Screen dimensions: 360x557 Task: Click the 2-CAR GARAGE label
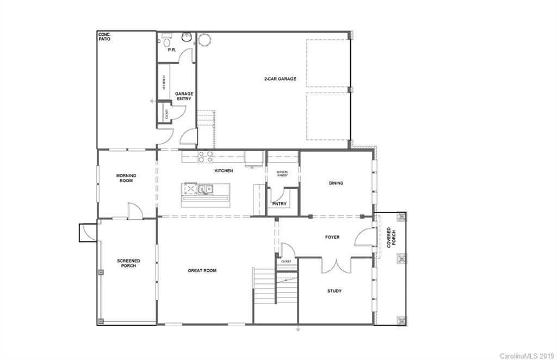[x=280, y=79]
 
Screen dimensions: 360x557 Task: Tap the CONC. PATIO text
[x=104, y=37]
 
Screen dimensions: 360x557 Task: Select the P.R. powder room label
[x=172, y=50]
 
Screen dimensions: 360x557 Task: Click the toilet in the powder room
[x=166, y=40]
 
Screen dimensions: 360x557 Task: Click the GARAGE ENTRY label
[x=184, y=96]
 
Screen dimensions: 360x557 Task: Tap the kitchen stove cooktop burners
[x=206, y=157]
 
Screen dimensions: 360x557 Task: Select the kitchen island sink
[x=205, y=189]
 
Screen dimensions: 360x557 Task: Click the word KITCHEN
[x=224, y=171]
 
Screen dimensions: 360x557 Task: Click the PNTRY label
[x=279, y=204]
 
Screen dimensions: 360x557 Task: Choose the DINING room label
[x=336, y=183]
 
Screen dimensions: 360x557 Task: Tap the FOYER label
[x=332, y=237]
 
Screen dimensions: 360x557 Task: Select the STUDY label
[x=335, y=291]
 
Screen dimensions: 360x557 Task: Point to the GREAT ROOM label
[x=202, y=270]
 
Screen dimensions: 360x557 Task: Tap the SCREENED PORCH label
[x=128, y=264]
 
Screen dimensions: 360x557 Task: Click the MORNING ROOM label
[x=126, y=178]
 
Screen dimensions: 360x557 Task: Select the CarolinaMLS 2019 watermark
[x=525, y=355]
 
